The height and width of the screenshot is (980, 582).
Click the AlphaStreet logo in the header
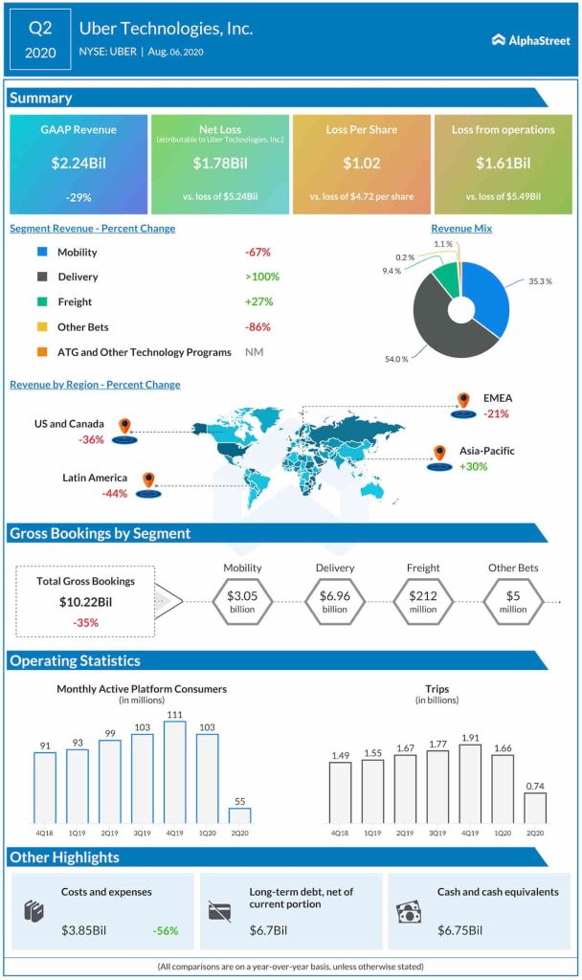click(x=529, y=40)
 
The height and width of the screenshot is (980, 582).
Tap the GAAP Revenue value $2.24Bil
click(x=78, y=163)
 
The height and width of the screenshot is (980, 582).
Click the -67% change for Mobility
click(x=257, y=252)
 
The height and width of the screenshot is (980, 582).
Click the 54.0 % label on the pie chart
click(x=397, y=358)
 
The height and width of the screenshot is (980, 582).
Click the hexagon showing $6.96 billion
click(x=335, y=601)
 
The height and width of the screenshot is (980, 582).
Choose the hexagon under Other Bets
click(x=513, y=601)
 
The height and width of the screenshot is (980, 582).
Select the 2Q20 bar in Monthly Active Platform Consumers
click(x=239, y=815)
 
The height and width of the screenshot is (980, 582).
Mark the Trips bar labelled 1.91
click(x=470, y=784)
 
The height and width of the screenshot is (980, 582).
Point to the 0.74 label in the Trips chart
click(x=535, y=785)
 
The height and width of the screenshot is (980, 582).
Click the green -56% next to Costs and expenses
click(x=165, y=929)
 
